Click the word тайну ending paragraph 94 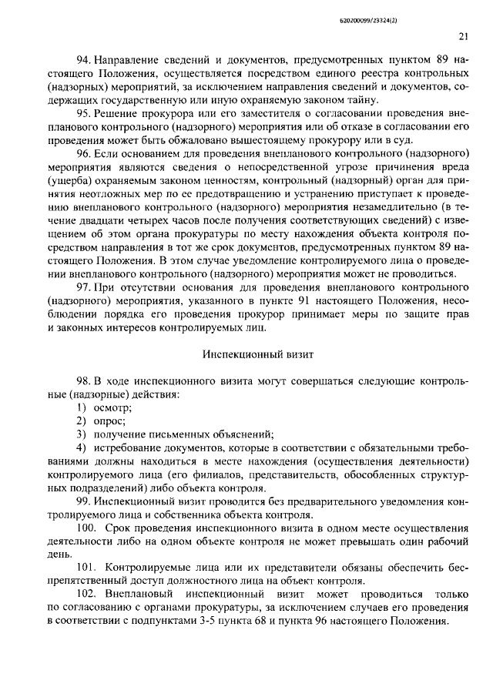pyautogui.click(x=362, y=100)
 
